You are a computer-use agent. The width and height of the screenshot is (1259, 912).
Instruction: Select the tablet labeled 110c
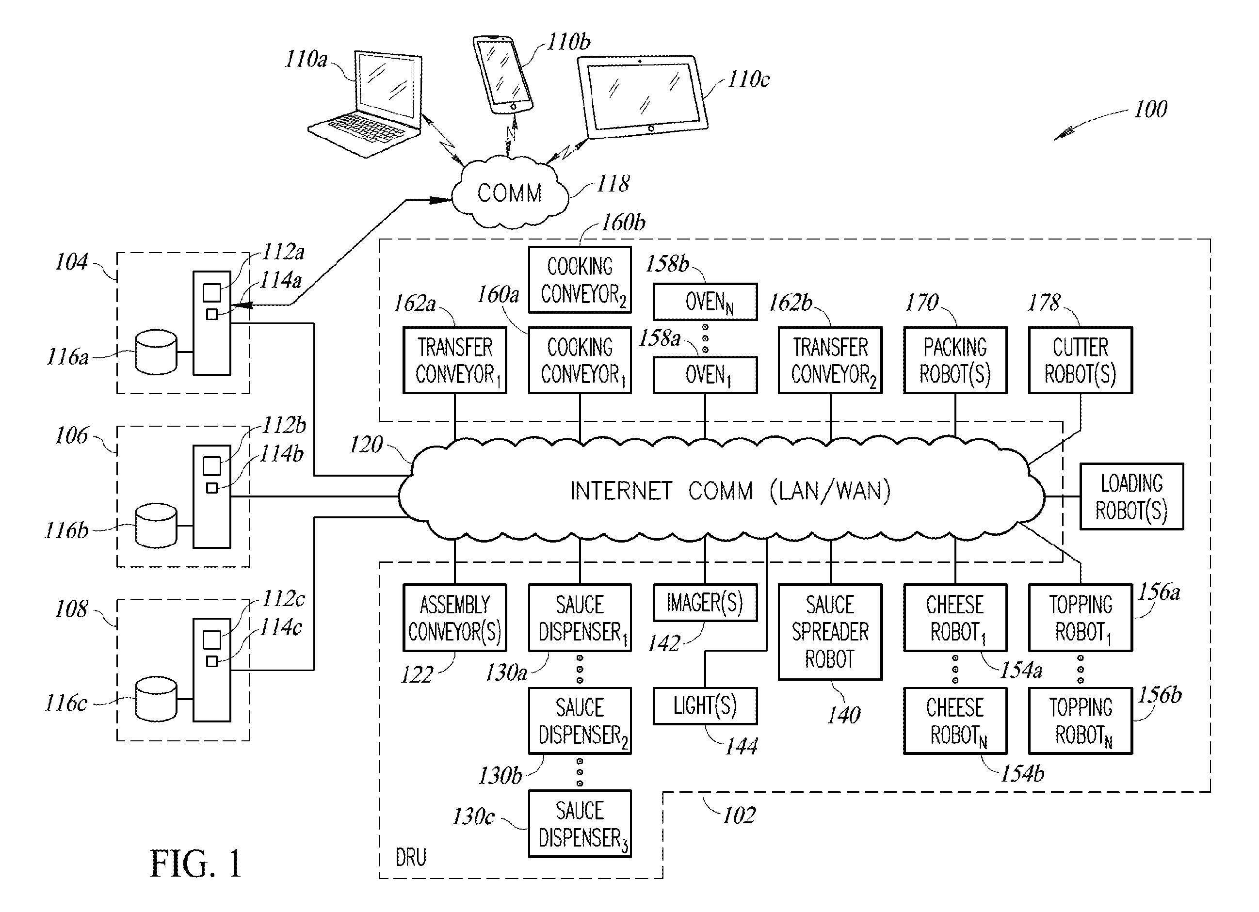643,96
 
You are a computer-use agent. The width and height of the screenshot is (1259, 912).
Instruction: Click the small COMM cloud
510,193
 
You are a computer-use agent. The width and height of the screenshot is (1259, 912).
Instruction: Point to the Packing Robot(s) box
955,360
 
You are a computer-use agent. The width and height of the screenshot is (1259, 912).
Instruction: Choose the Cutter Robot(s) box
1080,360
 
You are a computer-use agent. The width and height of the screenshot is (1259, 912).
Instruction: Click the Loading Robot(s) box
1131,496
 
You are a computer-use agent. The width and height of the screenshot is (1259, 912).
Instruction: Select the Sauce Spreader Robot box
830,632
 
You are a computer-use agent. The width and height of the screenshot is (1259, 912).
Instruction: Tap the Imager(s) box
705,603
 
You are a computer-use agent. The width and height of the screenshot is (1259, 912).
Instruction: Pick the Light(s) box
705,706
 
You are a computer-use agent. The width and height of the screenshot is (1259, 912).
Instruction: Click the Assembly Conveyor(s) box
454,618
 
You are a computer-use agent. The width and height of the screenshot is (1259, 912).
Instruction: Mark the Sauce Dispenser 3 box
580,824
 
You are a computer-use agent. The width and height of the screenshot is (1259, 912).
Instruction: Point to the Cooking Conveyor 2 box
580,280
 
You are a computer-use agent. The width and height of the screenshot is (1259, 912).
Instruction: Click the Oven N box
705,302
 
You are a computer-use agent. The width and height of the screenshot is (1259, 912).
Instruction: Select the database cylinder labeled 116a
156,352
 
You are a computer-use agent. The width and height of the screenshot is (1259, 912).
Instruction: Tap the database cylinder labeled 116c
156,699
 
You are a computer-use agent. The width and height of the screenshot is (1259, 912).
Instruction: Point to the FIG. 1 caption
195,864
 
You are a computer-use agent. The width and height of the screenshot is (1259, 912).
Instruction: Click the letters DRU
411,858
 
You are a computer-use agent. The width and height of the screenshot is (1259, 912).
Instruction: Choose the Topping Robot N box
1080,721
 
